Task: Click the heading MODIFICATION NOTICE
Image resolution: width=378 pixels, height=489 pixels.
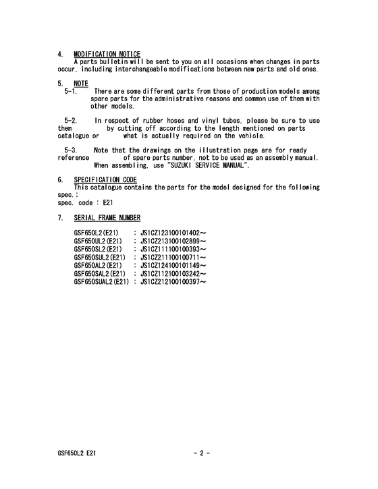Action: coord(107,54)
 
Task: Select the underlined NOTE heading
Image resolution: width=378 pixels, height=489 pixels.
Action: coord(81,83)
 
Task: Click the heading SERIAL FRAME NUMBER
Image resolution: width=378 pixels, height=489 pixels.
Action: coord(107,217)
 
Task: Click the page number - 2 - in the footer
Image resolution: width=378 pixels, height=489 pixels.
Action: coord(201,453)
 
